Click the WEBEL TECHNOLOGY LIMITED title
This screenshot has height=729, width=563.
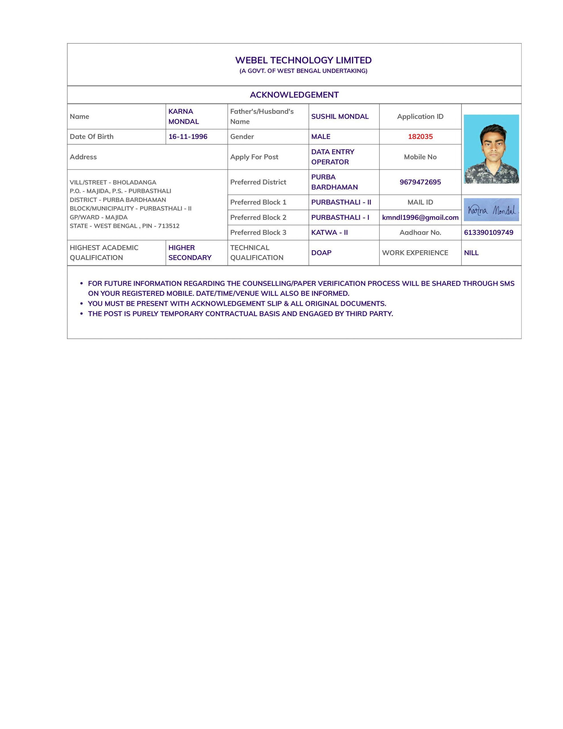303,60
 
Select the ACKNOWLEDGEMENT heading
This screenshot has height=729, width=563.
294,95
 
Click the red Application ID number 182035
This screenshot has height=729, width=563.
420,136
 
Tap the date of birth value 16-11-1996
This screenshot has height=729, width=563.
188,136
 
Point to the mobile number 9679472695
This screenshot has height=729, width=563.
420,182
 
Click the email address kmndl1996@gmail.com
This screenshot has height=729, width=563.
420,217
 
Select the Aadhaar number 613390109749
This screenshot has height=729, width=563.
488,232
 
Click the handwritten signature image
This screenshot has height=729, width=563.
491,210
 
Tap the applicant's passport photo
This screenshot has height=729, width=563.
491,149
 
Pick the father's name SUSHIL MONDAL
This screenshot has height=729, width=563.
339,116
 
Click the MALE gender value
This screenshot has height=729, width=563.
320,136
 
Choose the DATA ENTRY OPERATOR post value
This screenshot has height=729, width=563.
332,157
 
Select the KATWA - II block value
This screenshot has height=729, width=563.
329,232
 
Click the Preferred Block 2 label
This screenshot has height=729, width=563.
258,217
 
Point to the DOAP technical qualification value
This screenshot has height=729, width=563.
321,253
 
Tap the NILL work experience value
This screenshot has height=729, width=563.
471,253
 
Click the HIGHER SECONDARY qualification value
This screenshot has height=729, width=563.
190,253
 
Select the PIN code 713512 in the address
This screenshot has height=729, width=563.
169,226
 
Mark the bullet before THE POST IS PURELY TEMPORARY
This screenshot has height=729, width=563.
81,314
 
